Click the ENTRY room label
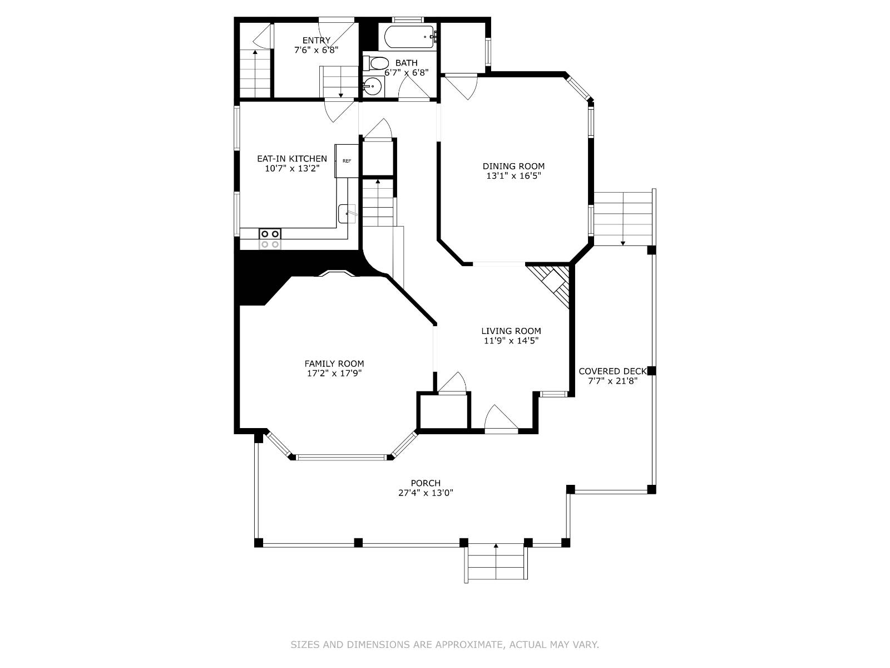[x=316, y=40]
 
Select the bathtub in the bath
[x=409, y=37]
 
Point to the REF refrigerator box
[x=347, y=161]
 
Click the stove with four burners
[x=270, y=239]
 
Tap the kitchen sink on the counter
[x=347, y=213]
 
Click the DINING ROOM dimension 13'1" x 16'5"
[x=513, y=176]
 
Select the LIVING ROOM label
[x=511, y=331]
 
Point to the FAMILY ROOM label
[x=334, y=364]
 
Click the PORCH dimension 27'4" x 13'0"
[x=426, y=493]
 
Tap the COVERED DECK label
[x=612, y=371]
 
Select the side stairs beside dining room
[x=622, y=218]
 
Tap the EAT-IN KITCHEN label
[x=291, y=159]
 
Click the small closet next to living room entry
[x=443, y=412]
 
